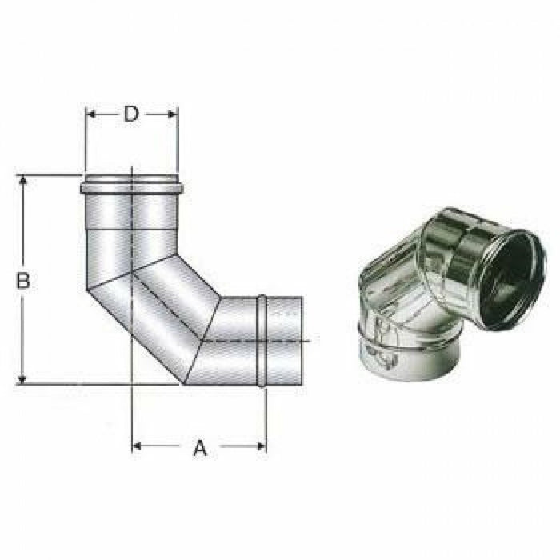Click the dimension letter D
coord(131,114)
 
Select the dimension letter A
coord(200,449)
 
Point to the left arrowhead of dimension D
coord(90,114)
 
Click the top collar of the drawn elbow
coord(131,188)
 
